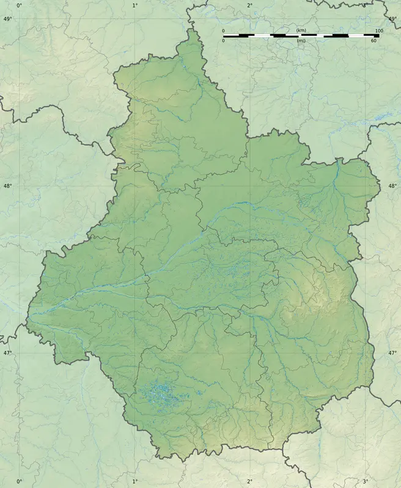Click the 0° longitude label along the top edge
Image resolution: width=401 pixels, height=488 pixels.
tap(19, 5)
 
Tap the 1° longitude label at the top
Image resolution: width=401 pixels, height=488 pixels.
tap(134, 5)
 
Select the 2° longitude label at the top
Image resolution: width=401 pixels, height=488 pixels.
tap(250, 5)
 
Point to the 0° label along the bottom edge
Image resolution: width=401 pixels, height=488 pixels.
tap(19, 482)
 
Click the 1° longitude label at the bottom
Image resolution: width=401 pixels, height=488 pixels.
tap(134, 482)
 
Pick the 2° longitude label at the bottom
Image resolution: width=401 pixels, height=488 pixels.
tap(250, 482)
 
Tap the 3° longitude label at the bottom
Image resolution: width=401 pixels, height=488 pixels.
tap(365, 482)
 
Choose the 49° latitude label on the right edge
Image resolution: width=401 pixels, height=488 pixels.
tap(392, 20)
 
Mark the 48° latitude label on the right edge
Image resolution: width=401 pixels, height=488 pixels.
tap(392, 187)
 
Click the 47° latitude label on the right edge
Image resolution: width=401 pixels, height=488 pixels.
tap(392, 353)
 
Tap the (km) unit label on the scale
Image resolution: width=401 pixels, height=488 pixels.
tap(301, 30)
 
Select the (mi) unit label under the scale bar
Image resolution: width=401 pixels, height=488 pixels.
tap(301, 41)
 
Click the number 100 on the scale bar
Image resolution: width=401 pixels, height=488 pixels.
tap(379, 30)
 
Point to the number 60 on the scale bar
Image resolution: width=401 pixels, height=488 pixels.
tap(373, 41)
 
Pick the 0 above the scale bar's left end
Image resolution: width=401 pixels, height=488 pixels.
tap(223, 30)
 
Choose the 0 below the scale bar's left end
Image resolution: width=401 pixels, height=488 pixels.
tap(223, 41)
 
